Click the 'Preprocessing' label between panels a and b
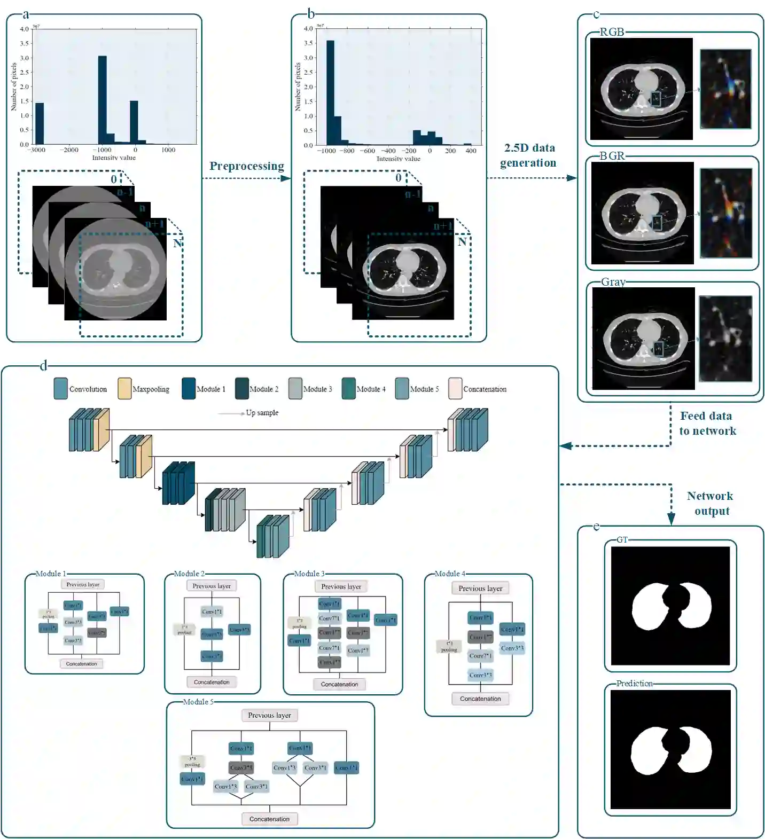coord(246,166)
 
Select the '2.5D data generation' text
coord(528,155)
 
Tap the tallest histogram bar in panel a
coord(102,99)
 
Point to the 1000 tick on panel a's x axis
coord(168,150)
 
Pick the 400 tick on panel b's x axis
coord(471,151)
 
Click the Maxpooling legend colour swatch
coord(124,389)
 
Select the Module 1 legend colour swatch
coord(189,389)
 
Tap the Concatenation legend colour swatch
coord(455,389)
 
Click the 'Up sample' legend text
coord(262,413)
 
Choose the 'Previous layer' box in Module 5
coord(269,716)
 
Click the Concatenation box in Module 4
coord(480,699)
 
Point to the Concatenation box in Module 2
coord(212,682)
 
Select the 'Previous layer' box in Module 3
coord(341,587)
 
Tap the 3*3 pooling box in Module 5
coord(192,762)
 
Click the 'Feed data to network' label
coord(707,424)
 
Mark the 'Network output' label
coord(711,504)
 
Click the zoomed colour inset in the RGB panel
coord(725,89)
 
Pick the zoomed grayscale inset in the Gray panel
coord(725,339)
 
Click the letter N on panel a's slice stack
coord(178,244)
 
